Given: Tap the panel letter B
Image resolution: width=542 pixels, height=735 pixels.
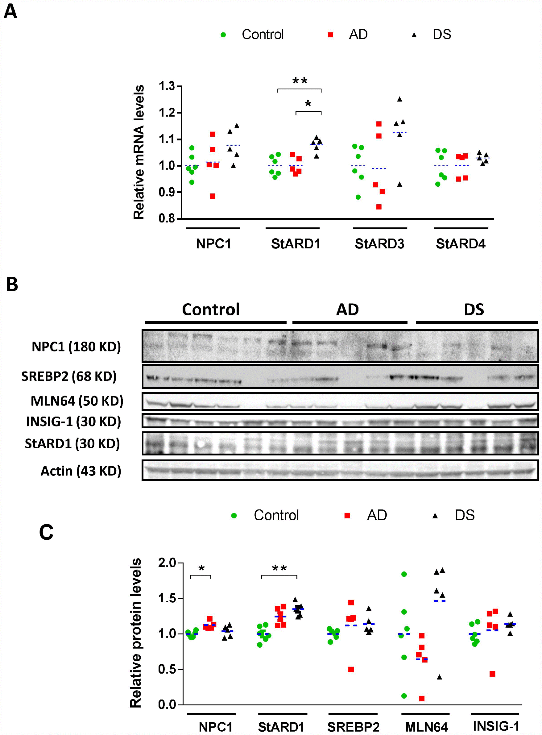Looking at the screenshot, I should [12, 284].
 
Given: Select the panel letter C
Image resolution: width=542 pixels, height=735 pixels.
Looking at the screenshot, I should [46, 532].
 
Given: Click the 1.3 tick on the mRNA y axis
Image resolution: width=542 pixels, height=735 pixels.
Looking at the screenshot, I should [167, 86].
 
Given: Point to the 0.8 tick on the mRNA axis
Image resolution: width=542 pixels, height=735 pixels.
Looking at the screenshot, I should [167, 218].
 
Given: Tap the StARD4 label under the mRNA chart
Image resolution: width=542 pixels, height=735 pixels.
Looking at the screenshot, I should [460, 244].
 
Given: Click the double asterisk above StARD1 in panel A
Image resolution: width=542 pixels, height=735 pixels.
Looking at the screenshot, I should [300, 81].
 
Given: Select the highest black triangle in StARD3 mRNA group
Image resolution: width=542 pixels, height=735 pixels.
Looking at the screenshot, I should [399, 99].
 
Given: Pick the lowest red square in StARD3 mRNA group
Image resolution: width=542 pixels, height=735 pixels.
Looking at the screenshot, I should [379, 207].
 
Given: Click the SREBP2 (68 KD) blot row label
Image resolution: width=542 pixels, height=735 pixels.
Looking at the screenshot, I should [69, 376].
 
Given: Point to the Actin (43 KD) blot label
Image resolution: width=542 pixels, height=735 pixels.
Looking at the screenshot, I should [81, 471].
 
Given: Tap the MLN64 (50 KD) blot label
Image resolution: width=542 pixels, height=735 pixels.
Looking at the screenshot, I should [77, 401].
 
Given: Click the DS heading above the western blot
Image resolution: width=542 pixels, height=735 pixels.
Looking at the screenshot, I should [474, 309].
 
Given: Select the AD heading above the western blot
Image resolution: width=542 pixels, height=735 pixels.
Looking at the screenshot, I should [347, 309].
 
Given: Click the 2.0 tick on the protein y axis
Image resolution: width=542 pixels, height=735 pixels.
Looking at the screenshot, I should [167, 563].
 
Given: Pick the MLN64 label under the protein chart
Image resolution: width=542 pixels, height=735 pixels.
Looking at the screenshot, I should [426, 727].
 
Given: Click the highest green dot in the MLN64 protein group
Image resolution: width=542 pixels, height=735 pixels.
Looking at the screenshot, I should [404, 574].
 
